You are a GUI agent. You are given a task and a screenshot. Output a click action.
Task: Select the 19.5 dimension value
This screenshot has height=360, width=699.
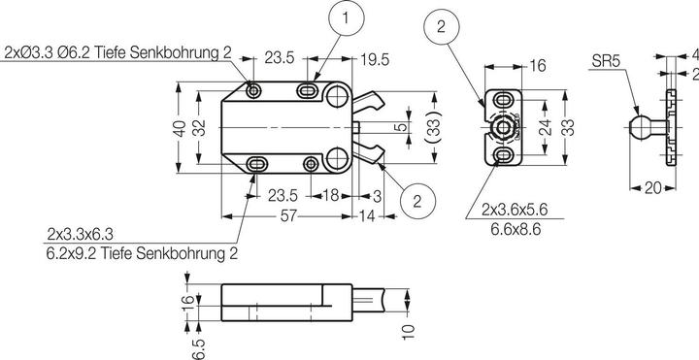(375, 60)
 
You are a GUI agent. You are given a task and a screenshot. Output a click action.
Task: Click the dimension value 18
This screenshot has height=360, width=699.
(330, 195)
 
